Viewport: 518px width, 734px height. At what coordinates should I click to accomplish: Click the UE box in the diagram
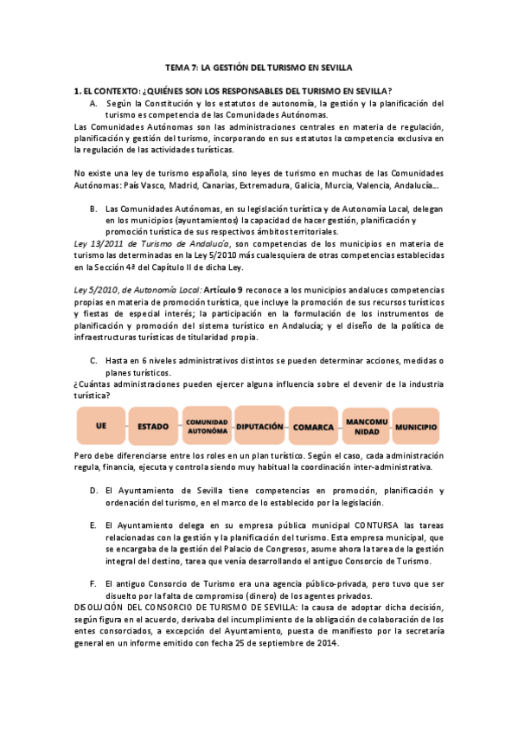click(x=100, y=426)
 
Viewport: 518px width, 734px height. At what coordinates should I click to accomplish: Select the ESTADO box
click(x=152, y=426)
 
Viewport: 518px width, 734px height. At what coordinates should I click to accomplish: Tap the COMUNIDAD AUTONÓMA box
click(x=207, y=426)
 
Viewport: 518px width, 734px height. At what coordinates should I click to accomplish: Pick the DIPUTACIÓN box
click(x=259, y=426)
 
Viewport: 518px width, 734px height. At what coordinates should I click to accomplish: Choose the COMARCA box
click(x=314, y=426)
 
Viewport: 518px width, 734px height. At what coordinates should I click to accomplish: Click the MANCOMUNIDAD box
click(x=367, y=426)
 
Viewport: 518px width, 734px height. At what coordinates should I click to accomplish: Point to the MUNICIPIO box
click(x=418, y=426)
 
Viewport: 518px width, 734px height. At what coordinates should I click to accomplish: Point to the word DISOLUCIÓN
click(x=99, y=608)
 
